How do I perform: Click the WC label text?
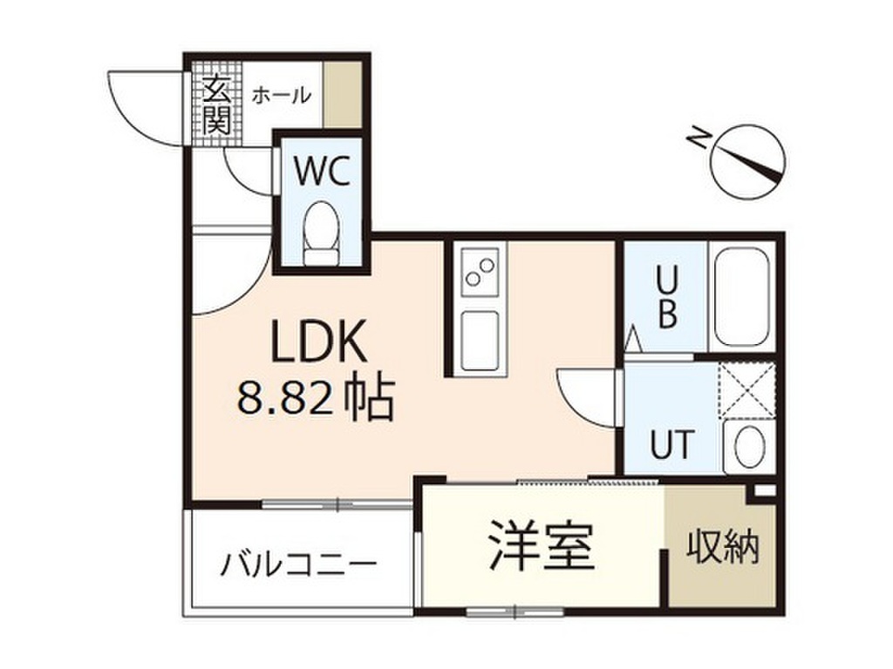321,172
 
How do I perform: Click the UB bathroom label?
666,296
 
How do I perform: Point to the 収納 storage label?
722,547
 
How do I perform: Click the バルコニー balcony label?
299,563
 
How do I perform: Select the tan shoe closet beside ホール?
341,94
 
